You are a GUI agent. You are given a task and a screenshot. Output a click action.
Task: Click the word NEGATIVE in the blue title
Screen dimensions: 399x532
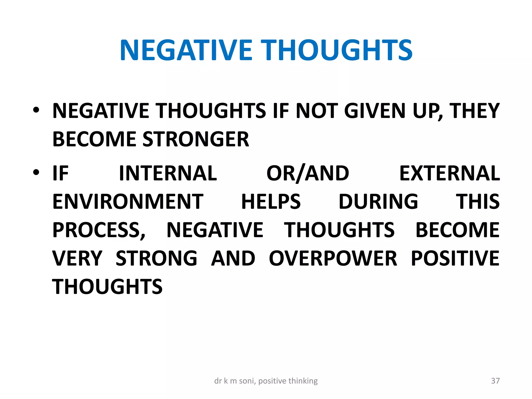pos(186,50)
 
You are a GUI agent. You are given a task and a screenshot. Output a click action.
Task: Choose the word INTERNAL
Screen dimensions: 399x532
pos(168,173)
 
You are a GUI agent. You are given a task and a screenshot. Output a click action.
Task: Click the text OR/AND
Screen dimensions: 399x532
pos(308,173)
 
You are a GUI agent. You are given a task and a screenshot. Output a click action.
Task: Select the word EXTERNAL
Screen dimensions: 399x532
pos(449,173)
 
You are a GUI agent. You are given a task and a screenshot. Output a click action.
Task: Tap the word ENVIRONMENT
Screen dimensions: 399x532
pos(128,202)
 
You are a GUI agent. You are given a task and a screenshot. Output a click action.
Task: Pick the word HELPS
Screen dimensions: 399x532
pos(271,202)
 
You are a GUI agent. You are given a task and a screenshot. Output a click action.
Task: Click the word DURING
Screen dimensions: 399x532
pos(378,202)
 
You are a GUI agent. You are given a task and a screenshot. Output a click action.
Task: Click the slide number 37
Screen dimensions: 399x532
pos(495,381)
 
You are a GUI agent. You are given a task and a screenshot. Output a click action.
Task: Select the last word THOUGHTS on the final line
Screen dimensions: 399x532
pos(107,287)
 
